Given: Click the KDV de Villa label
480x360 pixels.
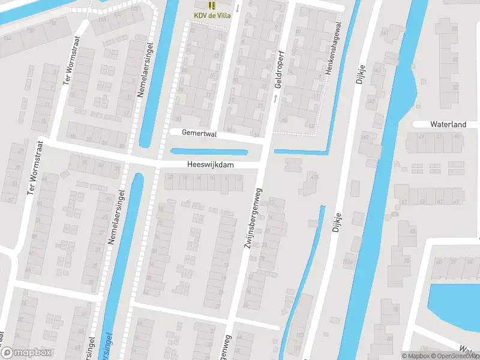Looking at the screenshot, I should (212, 16).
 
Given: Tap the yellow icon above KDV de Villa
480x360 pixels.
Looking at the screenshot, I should (212, 5).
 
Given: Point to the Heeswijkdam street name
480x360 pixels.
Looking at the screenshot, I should (209, 164).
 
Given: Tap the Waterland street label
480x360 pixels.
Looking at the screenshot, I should (448, 124).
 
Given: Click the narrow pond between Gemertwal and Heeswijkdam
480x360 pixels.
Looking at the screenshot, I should (209, 152).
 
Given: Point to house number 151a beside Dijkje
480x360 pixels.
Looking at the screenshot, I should (347, 262).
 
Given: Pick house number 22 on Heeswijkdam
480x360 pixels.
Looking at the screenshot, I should (170, 177).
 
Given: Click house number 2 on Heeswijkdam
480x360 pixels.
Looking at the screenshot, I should (240, 178).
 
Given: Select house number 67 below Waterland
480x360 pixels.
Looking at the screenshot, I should (405, 202).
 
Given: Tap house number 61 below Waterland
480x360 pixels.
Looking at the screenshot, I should (457, 202).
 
